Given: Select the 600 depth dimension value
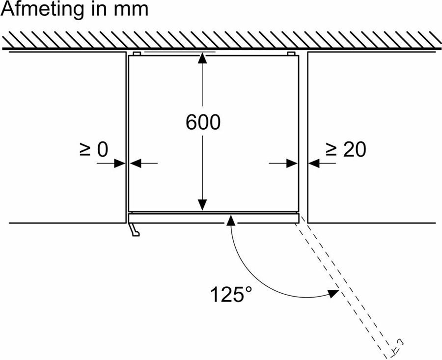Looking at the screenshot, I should tap(203, 122).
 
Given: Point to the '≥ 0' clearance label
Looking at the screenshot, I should tap(93, 150).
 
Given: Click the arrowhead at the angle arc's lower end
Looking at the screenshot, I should tap(333, 293).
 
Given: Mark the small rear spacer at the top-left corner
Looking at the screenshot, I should tap(137, 53).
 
